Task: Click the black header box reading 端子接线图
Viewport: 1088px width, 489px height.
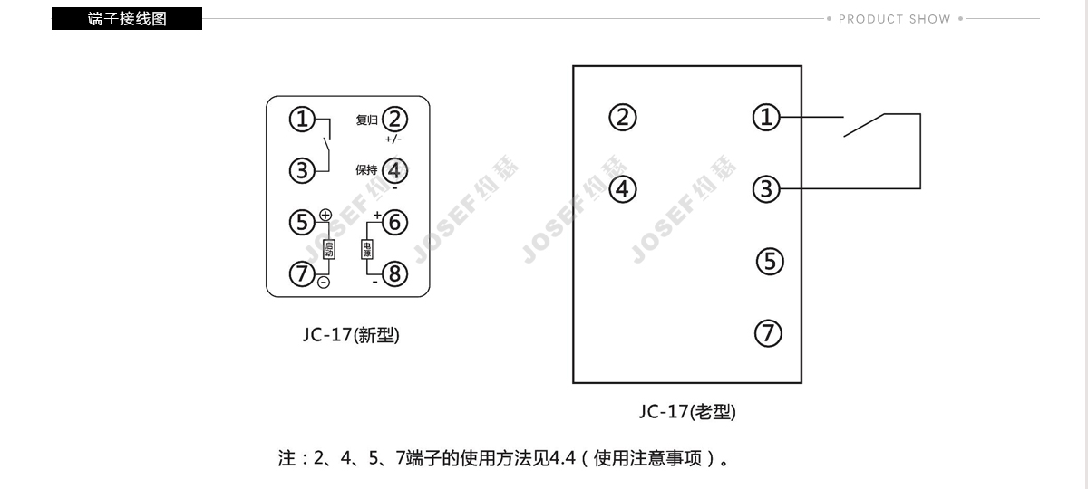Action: click(127, 18)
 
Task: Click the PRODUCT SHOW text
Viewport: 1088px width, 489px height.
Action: click(895, 19)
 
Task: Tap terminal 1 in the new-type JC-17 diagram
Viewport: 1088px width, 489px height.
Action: click(302, 119)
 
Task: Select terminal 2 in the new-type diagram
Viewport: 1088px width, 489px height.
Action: click(394, 120)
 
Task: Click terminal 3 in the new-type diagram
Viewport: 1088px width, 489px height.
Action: click(302, 171)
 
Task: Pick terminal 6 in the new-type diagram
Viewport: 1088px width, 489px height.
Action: click(394, 222)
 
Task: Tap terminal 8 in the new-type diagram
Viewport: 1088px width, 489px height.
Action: click(394, 274)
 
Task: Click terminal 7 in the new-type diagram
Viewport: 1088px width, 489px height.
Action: click(302, 273)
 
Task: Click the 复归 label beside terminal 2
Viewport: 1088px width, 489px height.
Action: click(366, 120)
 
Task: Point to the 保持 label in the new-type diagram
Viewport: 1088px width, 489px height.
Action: click(366, 170)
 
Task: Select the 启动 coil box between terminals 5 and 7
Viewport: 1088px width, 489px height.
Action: click(329, 249)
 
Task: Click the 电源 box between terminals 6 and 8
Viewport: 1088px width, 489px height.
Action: click(366, 249)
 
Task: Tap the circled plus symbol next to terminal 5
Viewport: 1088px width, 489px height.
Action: click(325, 215)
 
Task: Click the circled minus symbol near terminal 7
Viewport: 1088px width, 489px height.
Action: click(324, 283)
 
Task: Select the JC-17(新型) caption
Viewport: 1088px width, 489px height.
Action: click(351, 335)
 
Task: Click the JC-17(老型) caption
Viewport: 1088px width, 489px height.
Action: click(687, 411)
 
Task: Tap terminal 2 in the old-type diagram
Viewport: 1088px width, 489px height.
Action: click(623, 118)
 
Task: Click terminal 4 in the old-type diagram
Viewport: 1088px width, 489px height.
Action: click(623, 189)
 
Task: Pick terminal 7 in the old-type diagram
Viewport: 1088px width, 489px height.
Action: click(769, 333)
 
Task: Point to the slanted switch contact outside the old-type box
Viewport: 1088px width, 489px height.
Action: click(864, 125)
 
